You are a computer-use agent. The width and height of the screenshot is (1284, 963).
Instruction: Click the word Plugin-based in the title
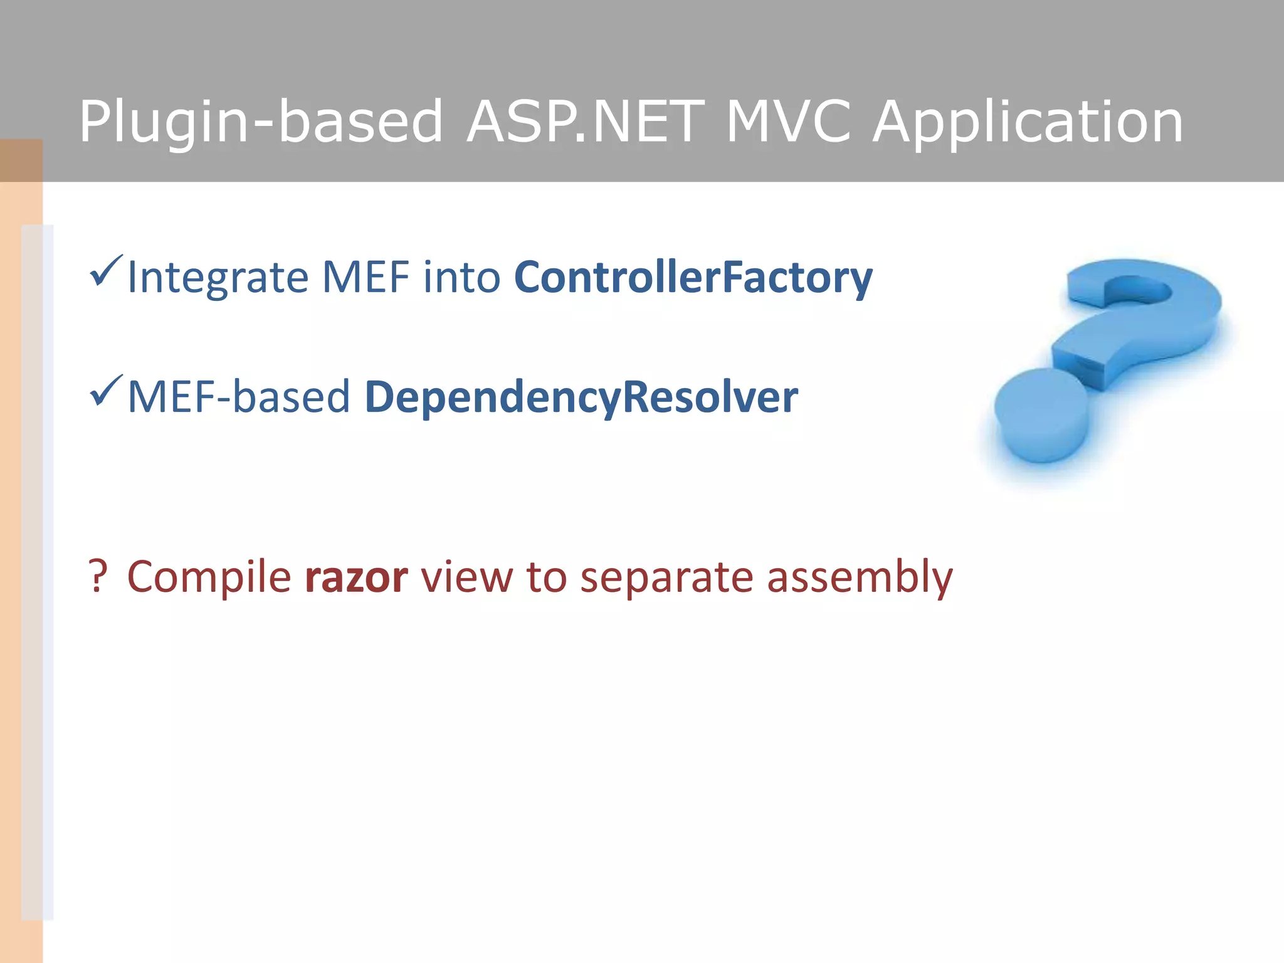[261, 122]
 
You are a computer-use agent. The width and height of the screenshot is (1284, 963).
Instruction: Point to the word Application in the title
[1028, 122]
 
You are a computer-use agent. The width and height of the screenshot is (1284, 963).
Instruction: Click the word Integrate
[218, 278]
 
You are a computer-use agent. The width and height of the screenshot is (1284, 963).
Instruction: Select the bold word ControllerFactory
[693, 278]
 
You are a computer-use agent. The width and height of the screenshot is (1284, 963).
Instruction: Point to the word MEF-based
[238, 397]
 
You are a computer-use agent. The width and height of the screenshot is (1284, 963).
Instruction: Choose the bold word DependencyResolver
[581, 398]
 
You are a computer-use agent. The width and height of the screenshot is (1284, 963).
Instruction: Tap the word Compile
[209, 577]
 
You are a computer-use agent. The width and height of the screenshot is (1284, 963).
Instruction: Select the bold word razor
[356, 577]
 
